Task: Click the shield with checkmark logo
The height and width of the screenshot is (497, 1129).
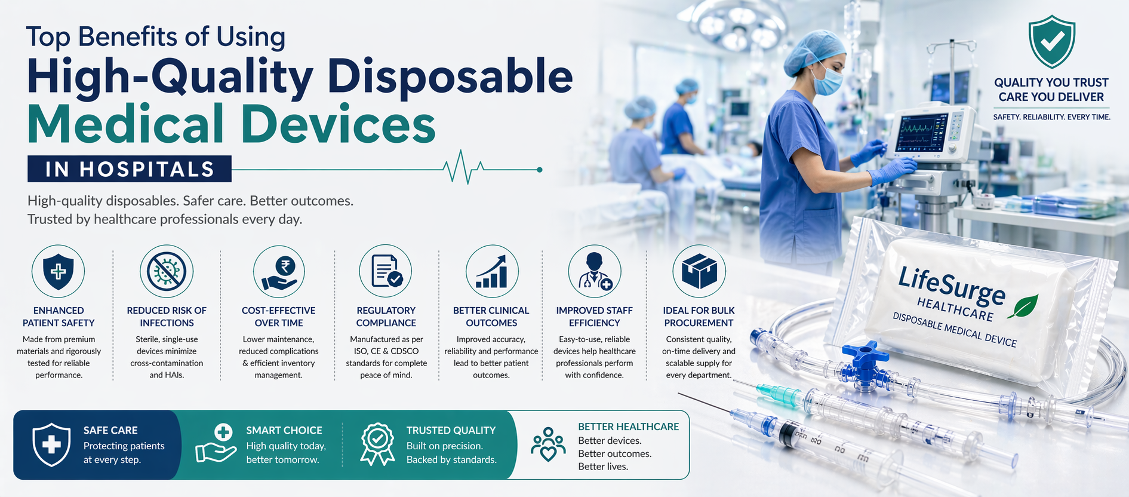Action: coord(1051,42)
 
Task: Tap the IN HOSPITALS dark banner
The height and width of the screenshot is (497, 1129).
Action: coord(130,169)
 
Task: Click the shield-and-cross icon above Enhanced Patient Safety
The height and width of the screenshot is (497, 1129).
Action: coord(59,271)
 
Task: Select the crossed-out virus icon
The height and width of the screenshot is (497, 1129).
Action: coord(167,271)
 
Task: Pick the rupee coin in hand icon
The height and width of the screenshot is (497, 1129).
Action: coord(279,272)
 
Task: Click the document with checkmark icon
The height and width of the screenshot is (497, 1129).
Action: coord(386,271)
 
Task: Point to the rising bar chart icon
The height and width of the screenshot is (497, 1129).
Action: coord(492,272)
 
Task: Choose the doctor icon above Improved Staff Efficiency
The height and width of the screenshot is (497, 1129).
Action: coord(595,272)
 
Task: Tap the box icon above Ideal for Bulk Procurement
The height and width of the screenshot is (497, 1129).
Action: coord(699,272)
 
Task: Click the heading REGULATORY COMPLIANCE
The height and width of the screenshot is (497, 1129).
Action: coord(386,317)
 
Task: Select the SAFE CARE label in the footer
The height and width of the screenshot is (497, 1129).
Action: coord(110,430)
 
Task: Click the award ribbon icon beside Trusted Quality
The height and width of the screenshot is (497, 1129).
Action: coord(377,444)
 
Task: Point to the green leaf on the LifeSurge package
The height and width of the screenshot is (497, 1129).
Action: coord(1023,305)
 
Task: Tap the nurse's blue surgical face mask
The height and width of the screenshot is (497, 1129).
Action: coord(827,81)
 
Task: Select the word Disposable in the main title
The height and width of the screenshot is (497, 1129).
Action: coord(450,77)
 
